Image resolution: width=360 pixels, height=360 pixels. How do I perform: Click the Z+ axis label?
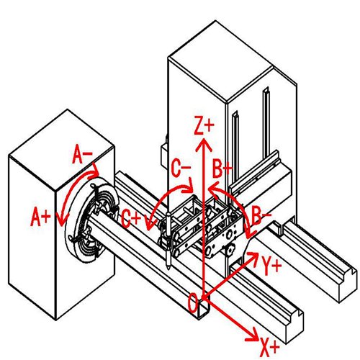pyautogui.click(x=204, y=125)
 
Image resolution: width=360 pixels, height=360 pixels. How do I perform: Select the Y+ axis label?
pyautogui.click(x=271, y=266)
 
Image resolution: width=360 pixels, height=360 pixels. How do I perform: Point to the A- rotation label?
pyautogui.click(x=82, y=154)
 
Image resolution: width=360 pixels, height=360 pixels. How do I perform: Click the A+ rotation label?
pyautogui.click(x=40, y=217)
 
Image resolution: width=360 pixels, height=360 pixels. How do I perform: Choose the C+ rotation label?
pyautogui.click(x=131, y=218)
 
